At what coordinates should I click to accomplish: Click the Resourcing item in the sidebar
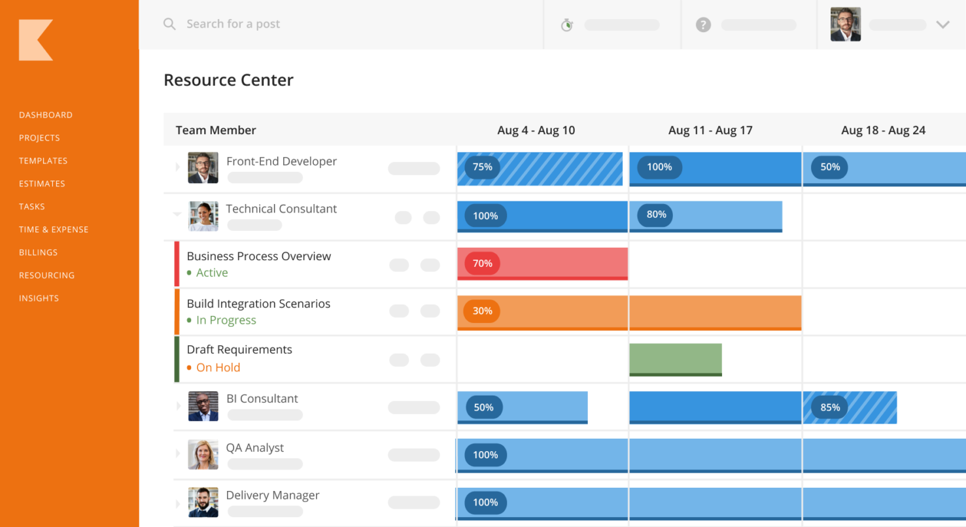click(46, 275)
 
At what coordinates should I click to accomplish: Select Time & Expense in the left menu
click(54, 229)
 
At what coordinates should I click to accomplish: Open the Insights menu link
click(39, 298)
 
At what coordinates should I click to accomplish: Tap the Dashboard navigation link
click(46, 115)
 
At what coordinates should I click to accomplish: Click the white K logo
click(35, 41)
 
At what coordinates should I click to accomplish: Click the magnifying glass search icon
click(169, 24)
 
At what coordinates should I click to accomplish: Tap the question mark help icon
click(703, 25)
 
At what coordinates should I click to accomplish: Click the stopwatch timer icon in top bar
click(567, 25)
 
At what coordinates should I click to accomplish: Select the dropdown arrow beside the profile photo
click(942, 25)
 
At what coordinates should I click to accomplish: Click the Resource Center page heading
click(228, 80)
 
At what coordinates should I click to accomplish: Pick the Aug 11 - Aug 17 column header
click(710, 130)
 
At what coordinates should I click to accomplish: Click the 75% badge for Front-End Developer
click(483, 167)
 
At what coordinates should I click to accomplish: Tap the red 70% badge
click(483, 263)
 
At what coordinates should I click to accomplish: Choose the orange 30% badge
click(483, 311)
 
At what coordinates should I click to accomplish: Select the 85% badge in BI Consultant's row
click(830, 407)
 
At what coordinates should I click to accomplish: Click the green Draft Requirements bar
click(676, 359)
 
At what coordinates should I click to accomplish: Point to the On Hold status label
click(218, 367)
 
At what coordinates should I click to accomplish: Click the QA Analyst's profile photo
click(203, 454)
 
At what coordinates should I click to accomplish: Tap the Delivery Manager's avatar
click(203, 502)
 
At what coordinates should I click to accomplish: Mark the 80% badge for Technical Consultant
click(656, 214)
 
